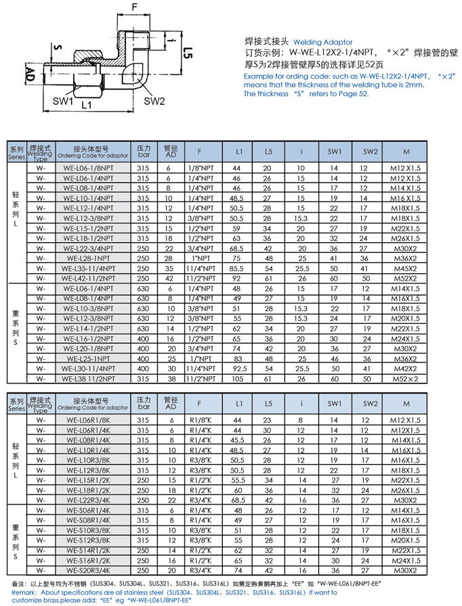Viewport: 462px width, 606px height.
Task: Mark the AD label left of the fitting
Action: [30, 73]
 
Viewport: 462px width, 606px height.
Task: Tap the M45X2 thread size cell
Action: [406, 268]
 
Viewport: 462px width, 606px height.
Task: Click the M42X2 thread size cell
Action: [406, 368]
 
